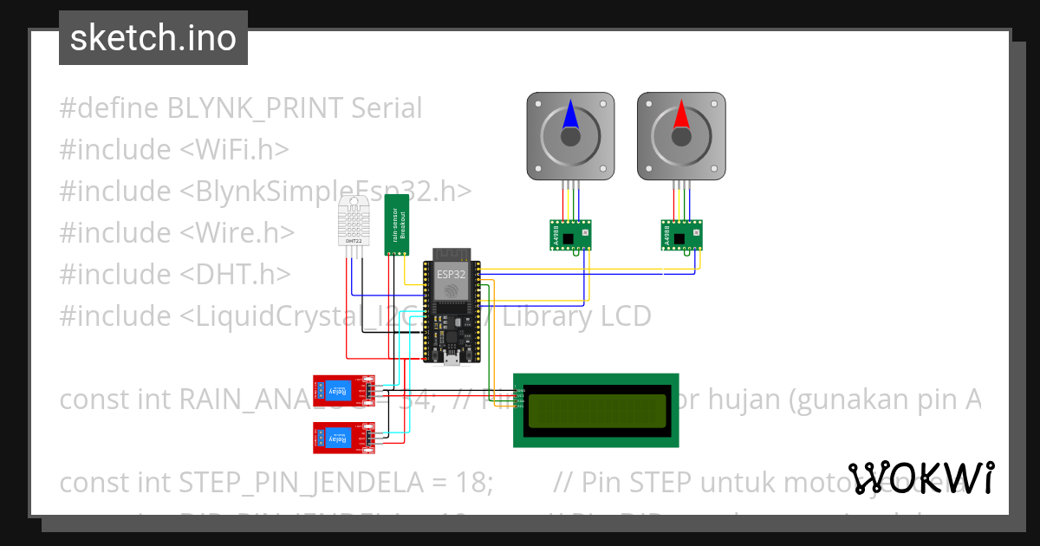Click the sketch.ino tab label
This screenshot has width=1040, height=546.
pyautogui.click(x=153, y=38)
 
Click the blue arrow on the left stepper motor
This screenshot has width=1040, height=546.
pyautogui.click(x=570, y=115)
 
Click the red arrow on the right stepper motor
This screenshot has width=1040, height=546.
pyautogui.click(x=680, y=115)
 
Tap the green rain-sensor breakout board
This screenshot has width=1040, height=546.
pyautogui.click(x=396, y=224)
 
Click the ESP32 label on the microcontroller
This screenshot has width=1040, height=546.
pyautogui.click(x=451, y=275)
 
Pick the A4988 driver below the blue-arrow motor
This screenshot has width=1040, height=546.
pyautogui.click(x=569, y=235)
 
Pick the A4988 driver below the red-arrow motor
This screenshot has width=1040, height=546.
pyautogui.click(x=680, y=235)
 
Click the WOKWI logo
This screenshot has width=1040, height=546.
pyautogui.click(x=921, y=478)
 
